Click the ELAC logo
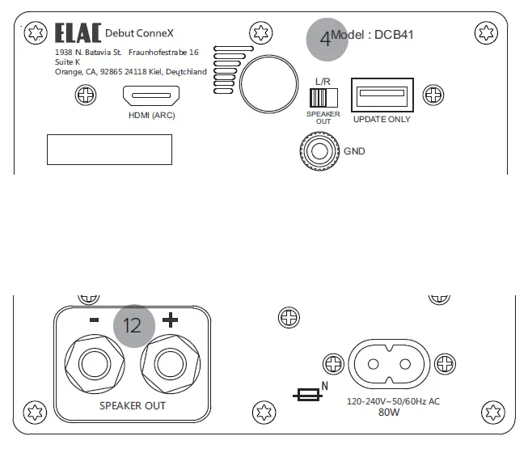pos(78,33)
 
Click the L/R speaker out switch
pos(323,98)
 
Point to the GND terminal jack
pos(316,150)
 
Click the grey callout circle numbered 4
pos(326,39)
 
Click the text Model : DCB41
pos(373,36)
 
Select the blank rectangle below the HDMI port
pos(109,150)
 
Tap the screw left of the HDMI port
pos(85,95)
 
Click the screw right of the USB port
pos(435,95)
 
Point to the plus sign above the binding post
pos(170,320)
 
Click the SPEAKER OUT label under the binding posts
pos(132,404)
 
